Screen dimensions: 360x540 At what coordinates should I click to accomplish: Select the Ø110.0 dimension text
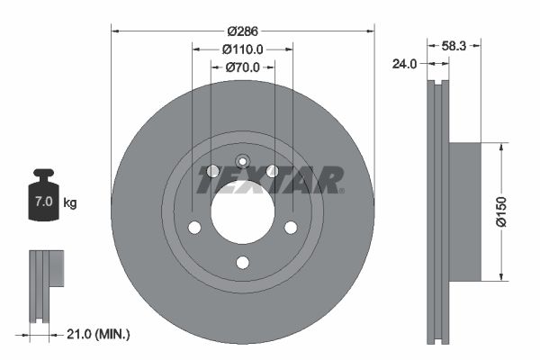(242, 49)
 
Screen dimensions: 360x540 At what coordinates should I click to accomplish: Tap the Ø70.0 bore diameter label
(242, 67)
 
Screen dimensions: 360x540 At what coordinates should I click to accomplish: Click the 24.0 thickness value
(407, 63)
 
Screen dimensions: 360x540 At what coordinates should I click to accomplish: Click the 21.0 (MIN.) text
(100, 334)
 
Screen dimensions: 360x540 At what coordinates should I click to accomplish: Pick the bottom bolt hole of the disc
(242, 262)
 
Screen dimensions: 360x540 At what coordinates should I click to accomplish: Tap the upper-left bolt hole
(213, 171)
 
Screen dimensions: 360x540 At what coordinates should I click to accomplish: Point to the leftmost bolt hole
(194, 228)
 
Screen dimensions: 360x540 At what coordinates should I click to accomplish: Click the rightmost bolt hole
(291, 228)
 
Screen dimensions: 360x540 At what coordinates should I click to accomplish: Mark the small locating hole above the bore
(242, 161)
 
